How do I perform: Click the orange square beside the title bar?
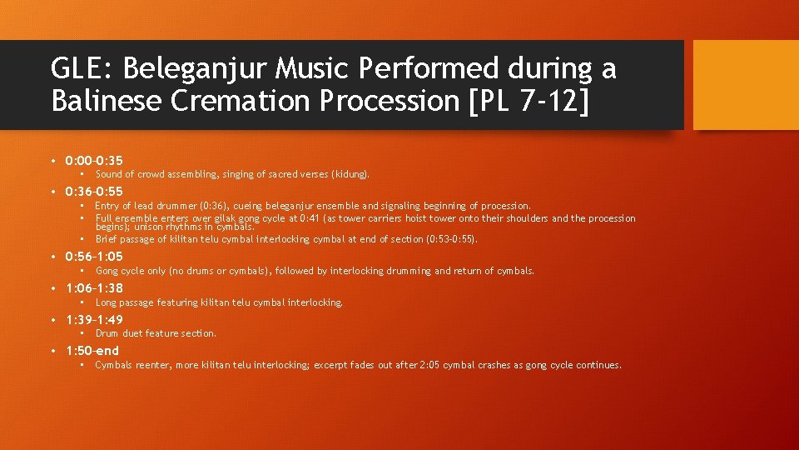746,85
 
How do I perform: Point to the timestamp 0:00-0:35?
94,160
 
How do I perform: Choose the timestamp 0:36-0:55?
94,192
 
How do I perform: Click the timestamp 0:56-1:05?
94,257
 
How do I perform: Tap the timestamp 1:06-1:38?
94,288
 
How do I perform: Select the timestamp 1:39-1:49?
94,320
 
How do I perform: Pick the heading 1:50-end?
92,351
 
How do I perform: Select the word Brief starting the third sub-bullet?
107,239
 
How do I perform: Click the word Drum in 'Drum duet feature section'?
107,333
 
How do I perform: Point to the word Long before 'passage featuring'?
107,302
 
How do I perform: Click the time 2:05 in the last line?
429,365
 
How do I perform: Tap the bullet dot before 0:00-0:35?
52,160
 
